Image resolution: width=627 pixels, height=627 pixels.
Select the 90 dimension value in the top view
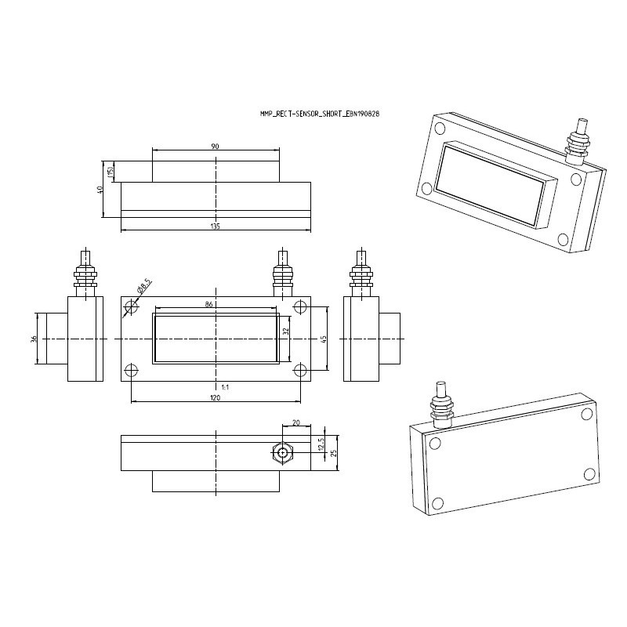[x=215, y=145]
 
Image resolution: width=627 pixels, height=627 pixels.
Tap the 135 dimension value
[x=216, y=227]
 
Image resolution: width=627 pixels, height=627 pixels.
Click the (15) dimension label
[x=111, y=172]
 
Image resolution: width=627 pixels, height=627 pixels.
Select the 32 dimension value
[x=287, y=332]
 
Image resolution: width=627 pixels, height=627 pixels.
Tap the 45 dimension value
[x=324, y=339]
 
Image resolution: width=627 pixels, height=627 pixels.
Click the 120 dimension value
[x=216, y=398]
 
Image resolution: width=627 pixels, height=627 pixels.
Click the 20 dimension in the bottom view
[x=295, y=422]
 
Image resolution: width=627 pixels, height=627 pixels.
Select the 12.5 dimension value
[x=320, y=444]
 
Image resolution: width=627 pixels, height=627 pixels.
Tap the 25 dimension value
[x=334, y=454]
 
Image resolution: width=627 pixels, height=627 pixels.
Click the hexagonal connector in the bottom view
[x=281, y=453]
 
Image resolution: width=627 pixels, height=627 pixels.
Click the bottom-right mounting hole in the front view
[x=299, y=369]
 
